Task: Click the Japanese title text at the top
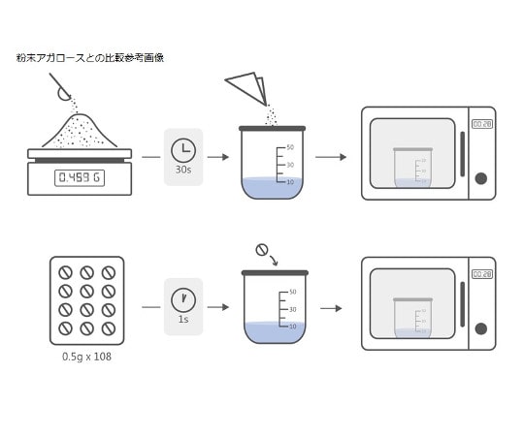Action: point(90,58)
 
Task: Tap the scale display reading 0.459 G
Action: point(80,177)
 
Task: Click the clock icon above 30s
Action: point(182,150)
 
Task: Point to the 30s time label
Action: point(182,170)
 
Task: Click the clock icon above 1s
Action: point(182,298)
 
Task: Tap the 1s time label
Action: point(182,319)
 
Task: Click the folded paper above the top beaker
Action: point(248,88)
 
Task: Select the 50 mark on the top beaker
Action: point(289,147)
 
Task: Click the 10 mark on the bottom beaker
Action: point(291,327)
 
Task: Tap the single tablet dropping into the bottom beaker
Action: point(262,250)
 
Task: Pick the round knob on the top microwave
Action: point(480,178)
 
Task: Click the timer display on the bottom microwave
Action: point(481,274)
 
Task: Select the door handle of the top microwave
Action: point(462,153)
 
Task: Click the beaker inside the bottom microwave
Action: point(412,318)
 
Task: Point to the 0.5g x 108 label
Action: point(86,358)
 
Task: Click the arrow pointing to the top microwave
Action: point(330,157)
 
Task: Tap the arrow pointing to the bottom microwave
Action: point(330,308)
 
